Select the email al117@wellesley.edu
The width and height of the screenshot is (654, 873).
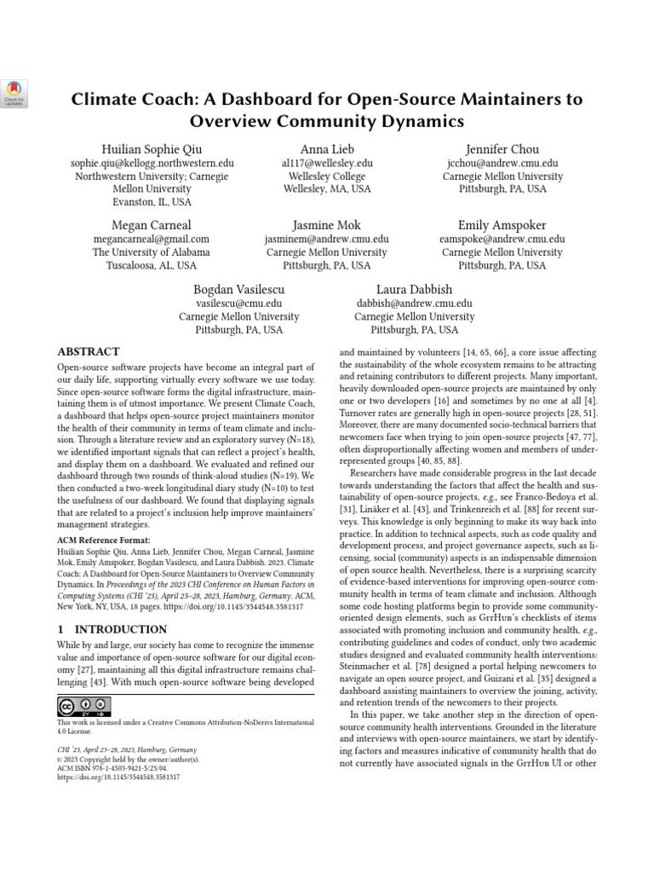click(327, 163)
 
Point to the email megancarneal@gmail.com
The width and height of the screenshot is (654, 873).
click(151, 240)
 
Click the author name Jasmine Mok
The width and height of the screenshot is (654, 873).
click(327, 225)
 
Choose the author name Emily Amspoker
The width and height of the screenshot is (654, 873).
click(502, 225)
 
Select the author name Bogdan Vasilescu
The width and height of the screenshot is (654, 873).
click(239, 289)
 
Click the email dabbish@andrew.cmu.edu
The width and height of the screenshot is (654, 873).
click(415, 303)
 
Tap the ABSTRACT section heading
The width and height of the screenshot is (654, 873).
click(89, 351)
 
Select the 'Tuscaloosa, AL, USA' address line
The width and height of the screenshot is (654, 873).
click(151, 265)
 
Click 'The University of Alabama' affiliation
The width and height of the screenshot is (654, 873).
click(151, 252)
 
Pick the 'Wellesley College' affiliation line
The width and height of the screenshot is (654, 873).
click(327, 176)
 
